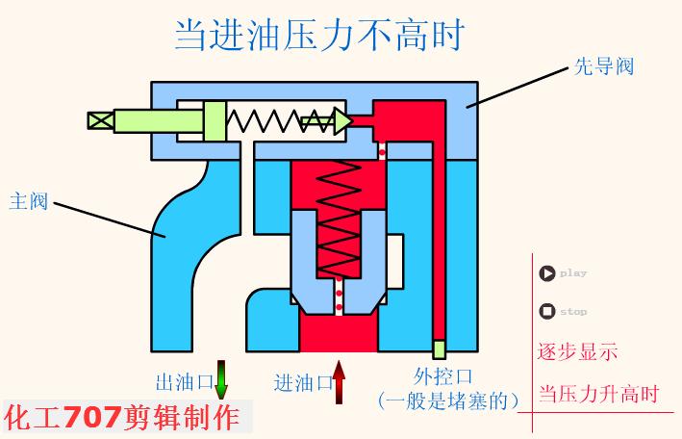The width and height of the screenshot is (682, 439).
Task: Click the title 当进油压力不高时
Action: point(318,35)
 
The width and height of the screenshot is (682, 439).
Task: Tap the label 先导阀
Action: point(602,66)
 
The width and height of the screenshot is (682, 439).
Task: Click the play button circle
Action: point(546,273)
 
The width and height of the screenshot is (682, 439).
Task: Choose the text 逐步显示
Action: point(577,351)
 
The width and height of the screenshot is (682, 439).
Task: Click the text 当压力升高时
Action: point(597,395)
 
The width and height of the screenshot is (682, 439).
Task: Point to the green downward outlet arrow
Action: point(221,379)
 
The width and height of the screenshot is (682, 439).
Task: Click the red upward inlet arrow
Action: point(339,381)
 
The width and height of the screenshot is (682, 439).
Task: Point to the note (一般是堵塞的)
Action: point(448,399)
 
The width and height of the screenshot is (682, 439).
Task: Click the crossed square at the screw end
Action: point(99,120)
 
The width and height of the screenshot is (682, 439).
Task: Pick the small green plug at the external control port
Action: point(439,349)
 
